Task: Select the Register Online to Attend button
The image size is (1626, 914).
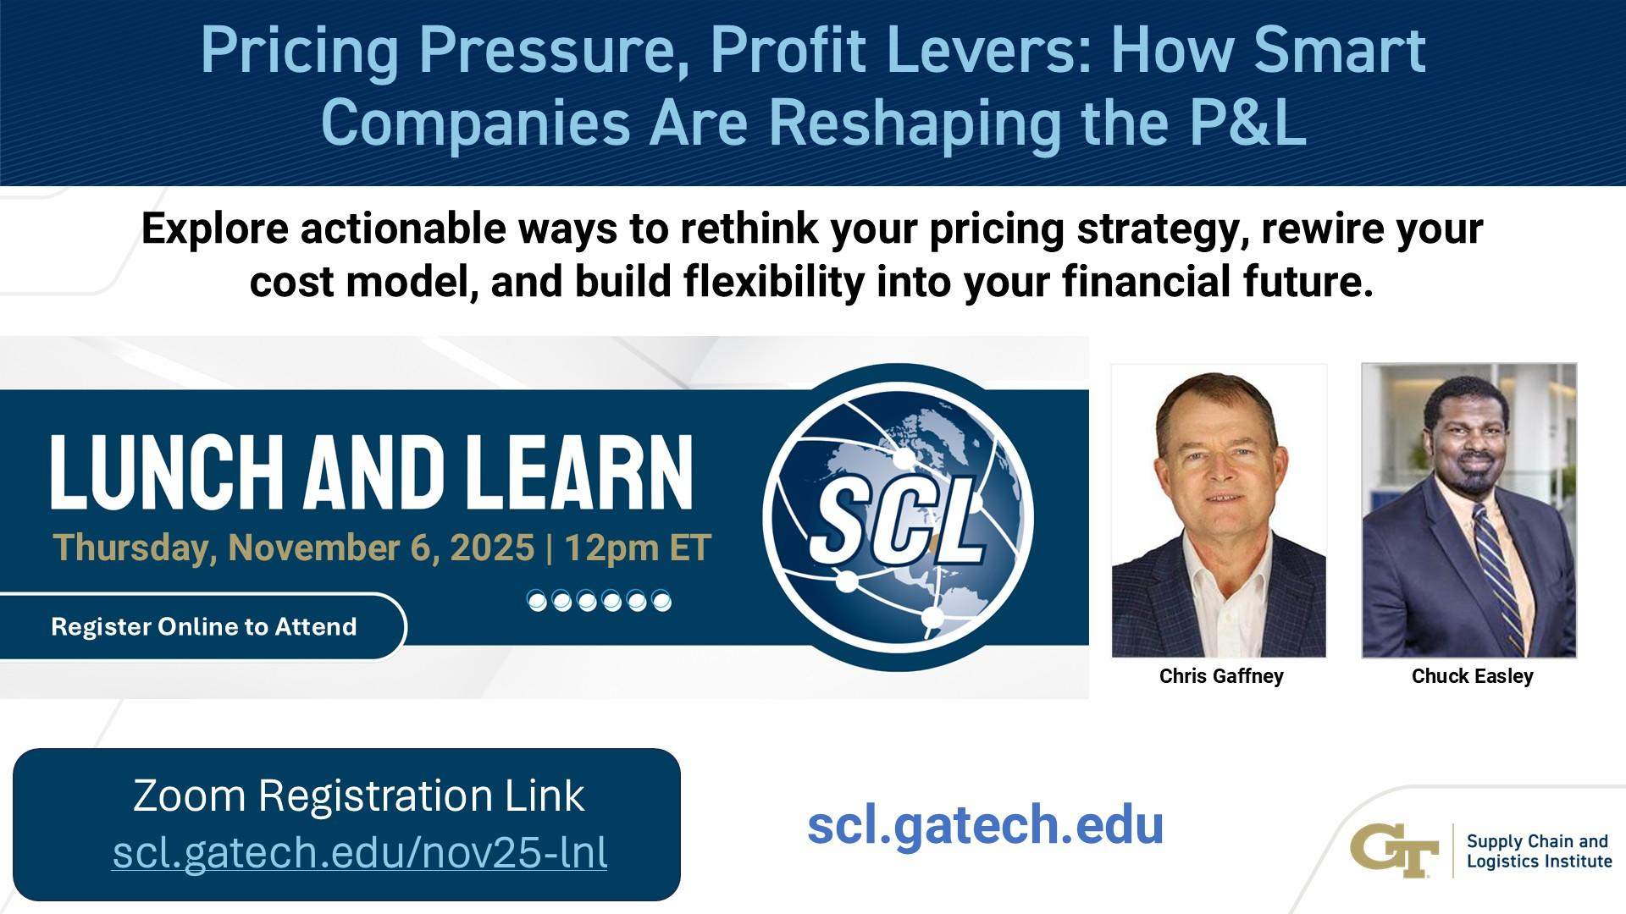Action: point(203,627)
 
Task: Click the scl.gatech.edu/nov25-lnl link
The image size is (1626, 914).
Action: point(360,852)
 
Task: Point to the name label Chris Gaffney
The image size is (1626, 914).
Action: point(1220,676)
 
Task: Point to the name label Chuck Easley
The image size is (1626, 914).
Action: point(1472,676)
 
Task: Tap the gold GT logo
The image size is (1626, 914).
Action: point(1394,851)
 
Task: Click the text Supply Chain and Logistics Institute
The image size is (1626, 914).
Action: point(1538,851)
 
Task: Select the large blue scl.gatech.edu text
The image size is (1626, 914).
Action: point(985,824)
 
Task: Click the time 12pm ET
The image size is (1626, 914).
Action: point(638,548)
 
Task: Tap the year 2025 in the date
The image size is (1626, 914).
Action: point(492,548)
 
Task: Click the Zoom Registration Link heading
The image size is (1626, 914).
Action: point(359,796)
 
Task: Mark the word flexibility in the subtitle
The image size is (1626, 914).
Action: point(774,283)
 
